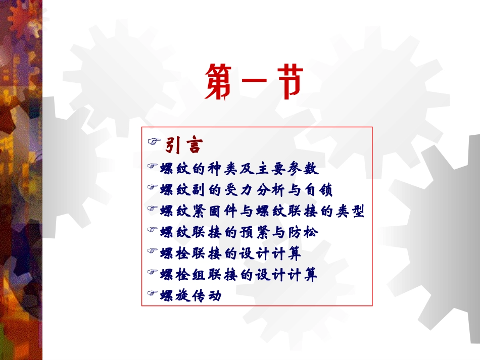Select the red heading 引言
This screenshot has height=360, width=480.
pos(184,146)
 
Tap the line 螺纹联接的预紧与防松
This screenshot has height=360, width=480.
pos(239,232)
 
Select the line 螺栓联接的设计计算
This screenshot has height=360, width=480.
pos(230,253)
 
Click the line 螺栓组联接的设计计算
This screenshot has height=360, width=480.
pos(238,275)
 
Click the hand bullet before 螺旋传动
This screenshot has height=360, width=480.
pos(152,293)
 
